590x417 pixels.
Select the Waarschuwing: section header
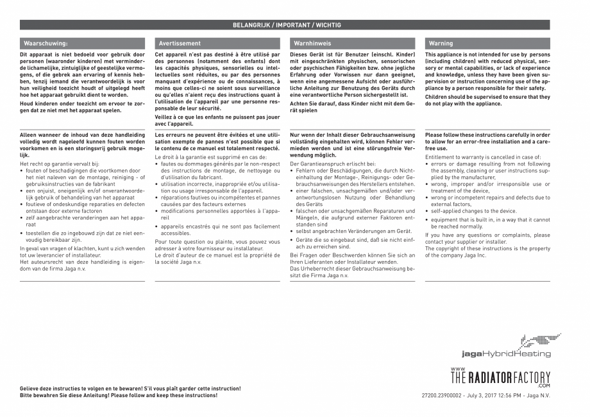46,43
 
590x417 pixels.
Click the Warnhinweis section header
312,43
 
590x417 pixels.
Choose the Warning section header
441,43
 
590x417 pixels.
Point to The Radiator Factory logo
500,379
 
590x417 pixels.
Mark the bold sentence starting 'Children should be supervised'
487,100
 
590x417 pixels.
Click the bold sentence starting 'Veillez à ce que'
217,121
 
